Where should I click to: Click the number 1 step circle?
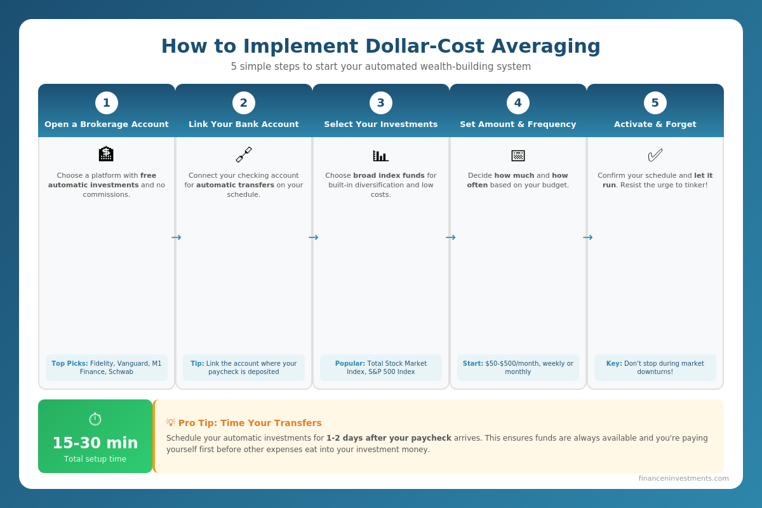[x=107, y=103]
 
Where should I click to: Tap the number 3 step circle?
[x=381, y=103]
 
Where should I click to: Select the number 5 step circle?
[x=655, y=103]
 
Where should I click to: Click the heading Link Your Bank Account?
[x=244, y=124]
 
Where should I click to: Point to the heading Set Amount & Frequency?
[x=518, y=124]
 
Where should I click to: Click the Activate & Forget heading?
[x=655, y=124]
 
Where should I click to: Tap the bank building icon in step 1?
[x=107, y=154]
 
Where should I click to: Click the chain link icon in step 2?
[x=244, y=154]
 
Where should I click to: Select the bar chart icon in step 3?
[x=381, y=155]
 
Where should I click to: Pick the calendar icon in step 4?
[x=518, y=155]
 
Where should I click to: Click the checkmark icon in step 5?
[x=655, y=155]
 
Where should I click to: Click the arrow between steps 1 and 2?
[x=176, y=237]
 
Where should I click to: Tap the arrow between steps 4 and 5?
[x=587, y=237]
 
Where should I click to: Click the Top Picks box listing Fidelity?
[x=107, y=368]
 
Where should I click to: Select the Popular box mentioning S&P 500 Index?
[x=381, y=368]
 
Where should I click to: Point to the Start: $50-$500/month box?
[x=518, y=368]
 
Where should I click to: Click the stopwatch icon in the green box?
[x=95, y=419]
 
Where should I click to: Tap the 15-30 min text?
[x=95, y=443]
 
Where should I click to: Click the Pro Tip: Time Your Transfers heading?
[x=250, y=423]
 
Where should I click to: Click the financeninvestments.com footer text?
[x=683, y=478]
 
